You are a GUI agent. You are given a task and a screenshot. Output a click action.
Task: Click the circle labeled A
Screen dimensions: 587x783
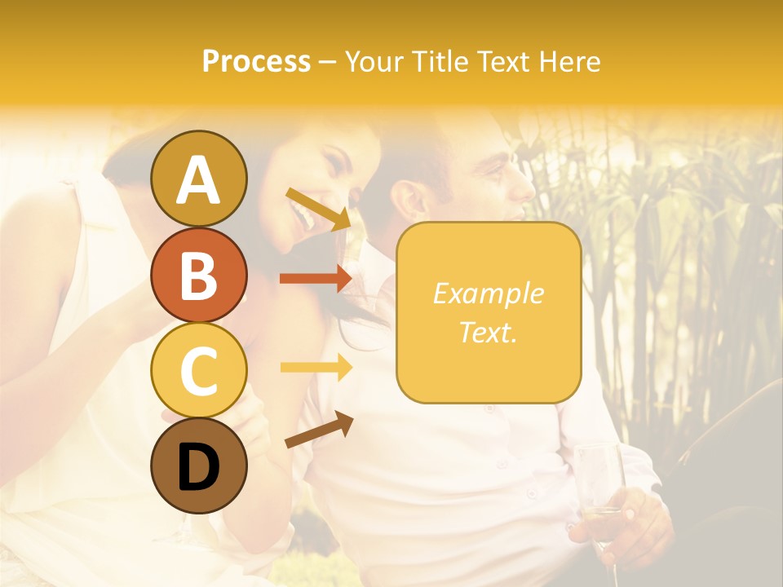[x=198, y=179]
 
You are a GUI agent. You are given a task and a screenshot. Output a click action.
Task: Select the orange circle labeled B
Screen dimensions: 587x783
[x=198, y=274]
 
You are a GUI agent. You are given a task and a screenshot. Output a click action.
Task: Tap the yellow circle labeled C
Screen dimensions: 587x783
[x=198, y=369]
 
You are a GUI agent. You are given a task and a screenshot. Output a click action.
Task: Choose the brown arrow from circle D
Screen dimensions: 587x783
[x=318, y=430]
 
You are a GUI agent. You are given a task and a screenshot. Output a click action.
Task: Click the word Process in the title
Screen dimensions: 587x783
[x=256, y=61]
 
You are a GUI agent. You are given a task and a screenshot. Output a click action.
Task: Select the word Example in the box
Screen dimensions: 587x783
[x=488, y=293]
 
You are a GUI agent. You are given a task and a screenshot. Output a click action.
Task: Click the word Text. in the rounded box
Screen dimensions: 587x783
[x=488, y=332]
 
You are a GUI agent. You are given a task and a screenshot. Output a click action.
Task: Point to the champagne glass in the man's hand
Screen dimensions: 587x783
[x=600, y=489]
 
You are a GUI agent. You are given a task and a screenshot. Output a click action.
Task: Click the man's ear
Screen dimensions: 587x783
[x=408, y=200]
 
